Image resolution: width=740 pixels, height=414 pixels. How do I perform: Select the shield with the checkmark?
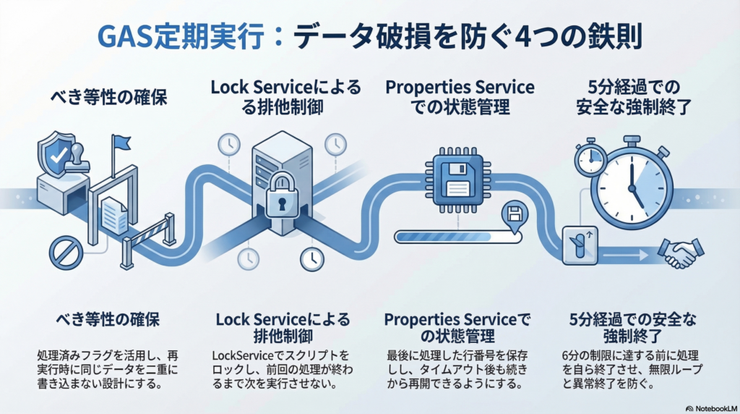point(56,152)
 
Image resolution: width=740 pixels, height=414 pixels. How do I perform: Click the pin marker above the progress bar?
point(515,215)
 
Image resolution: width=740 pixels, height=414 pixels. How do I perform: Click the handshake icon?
point(679,253)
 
